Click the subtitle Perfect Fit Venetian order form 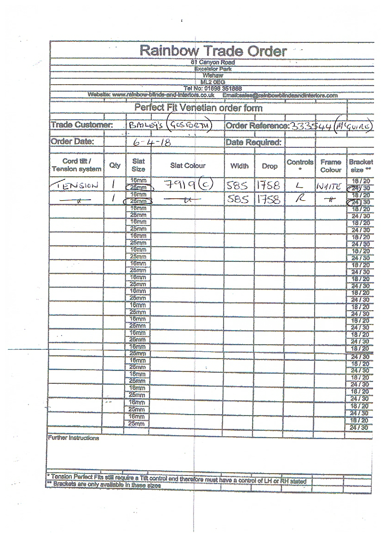198,108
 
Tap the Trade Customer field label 82,125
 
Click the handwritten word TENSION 76,185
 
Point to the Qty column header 114,166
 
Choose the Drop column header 270,166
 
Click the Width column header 240,166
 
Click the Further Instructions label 73,438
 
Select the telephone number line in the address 213,88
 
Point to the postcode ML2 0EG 213,82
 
